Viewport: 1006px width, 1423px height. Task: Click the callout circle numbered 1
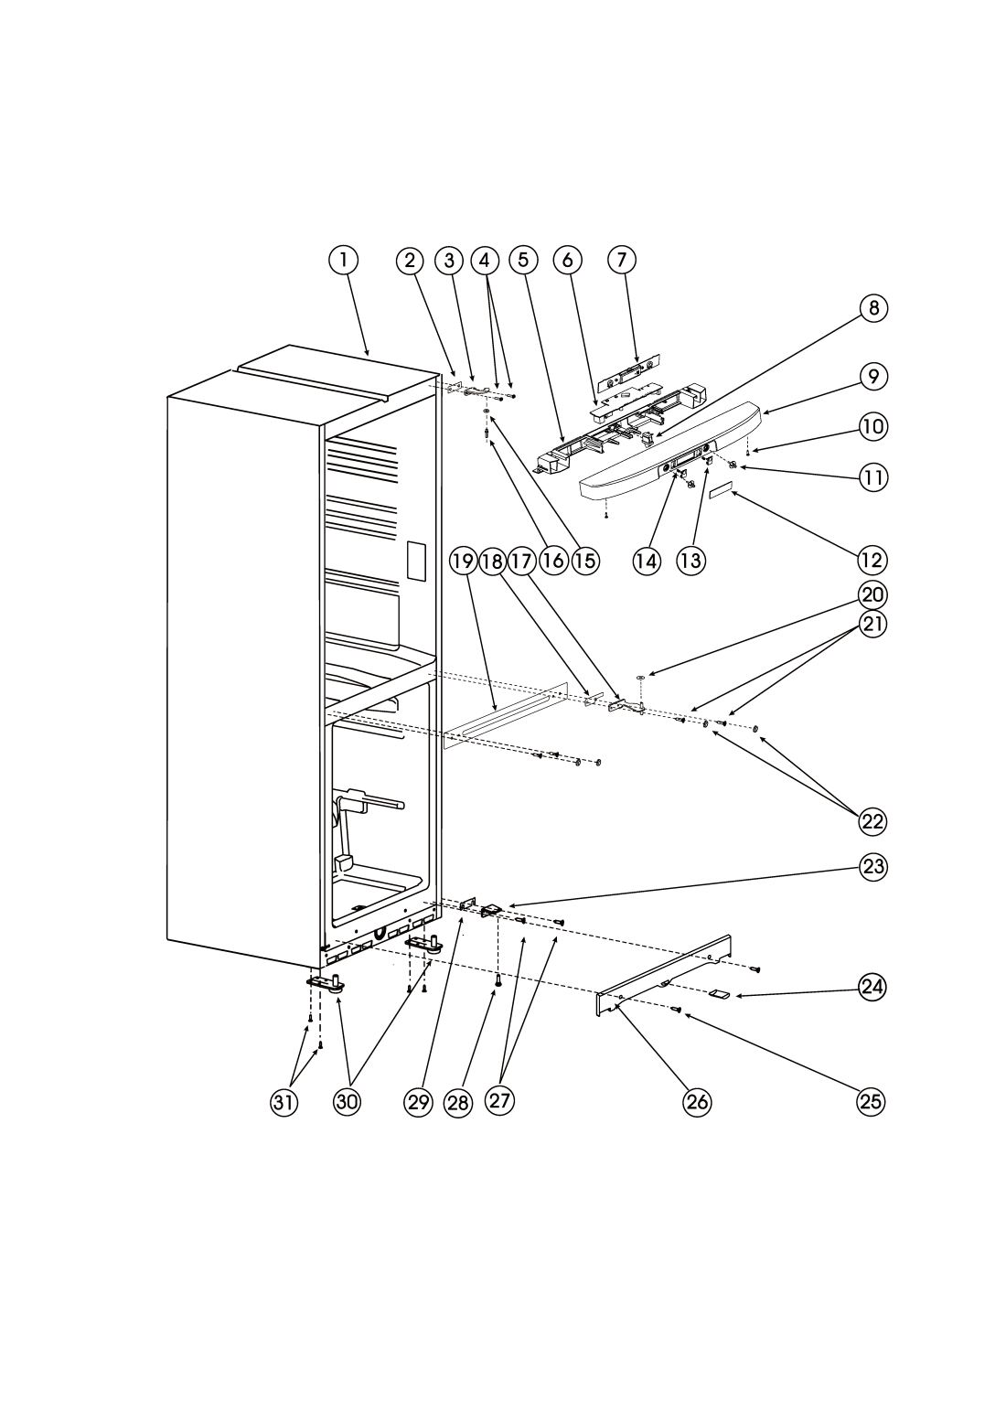343,260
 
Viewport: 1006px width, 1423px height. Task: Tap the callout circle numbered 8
873,308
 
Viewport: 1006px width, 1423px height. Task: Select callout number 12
873,558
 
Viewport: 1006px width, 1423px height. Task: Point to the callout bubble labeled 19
463,560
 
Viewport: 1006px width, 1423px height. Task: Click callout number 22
873,820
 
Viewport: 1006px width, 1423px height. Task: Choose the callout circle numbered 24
873,985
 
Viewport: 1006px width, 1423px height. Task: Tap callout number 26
697,1101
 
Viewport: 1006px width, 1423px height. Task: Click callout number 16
552,560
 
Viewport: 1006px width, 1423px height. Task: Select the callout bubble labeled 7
621,260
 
